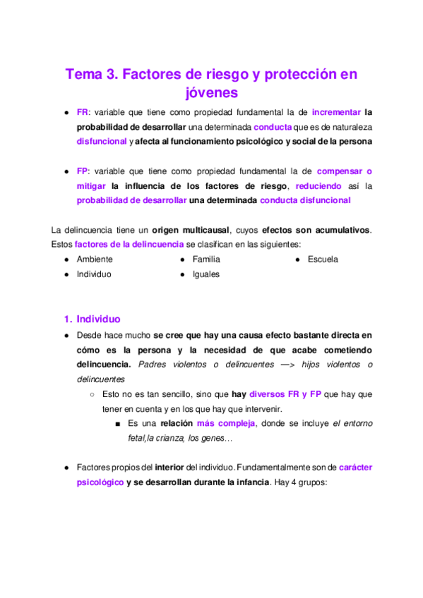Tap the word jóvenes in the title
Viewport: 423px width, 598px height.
(x=211, y=92)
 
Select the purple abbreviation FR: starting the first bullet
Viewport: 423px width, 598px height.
(x=83, y=112)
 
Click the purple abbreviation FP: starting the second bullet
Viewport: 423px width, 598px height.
(x=83, y=171)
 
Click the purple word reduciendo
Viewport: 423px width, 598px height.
(x=318, y=185)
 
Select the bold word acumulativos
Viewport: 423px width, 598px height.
(x=340, y=230)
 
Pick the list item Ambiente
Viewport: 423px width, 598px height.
(x=94, y=259)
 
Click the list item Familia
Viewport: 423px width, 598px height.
(x=206, y=259)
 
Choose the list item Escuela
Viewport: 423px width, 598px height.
(x=323, y=259)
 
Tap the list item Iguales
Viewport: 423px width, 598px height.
(x=205, y=274)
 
